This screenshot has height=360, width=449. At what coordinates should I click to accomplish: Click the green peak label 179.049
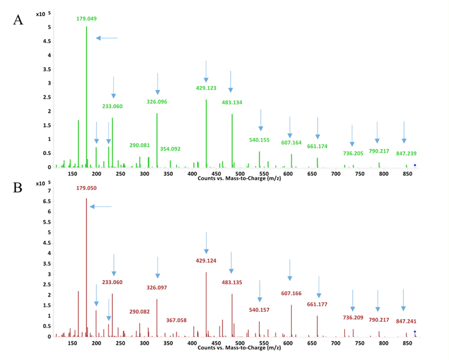point(86,19)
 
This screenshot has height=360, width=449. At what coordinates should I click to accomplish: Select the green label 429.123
point(206,88)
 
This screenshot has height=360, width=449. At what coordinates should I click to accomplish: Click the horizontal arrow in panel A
point(107,38)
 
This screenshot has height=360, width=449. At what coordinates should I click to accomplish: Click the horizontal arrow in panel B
point(101,207)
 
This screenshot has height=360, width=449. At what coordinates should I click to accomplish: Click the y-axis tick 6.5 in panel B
point(49,201)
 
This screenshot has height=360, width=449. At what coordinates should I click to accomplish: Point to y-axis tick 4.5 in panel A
point(49,41)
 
